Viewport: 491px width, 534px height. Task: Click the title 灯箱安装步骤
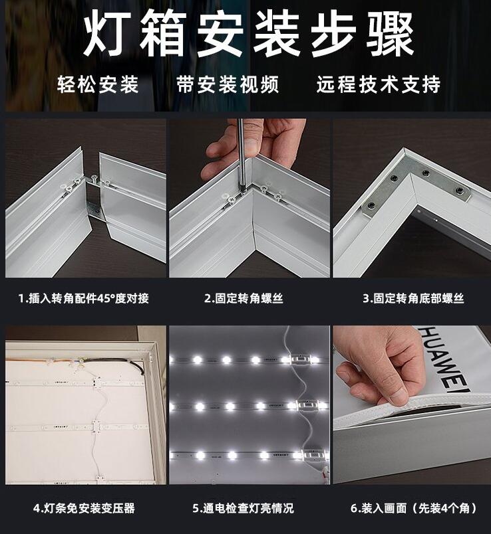pyautogui.click(x=249, y=34)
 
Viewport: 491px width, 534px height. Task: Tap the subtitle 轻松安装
pyautogui.click(x=98, y=84)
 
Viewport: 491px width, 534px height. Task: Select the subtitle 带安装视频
pyautogui.click(x=228, y=84)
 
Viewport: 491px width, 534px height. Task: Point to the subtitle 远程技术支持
pyautogui.click(x=379, y=84)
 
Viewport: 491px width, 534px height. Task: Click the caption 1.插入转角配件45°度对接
pyautogui.click(x=84, y=298)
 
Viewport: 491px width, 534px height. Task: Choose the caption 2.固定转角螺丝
pyautogui.click(x=244, y=298)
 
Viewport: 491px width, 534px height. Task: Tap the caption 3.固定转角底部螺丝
pyautogui.click(x=413, y=298)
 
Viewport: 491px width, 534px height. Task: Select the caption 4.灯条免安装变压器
pyautogui.click(x=84, y=508)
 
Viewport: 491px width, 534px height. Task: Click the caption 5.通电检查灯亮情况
pyautogui.click(x=243, y=508)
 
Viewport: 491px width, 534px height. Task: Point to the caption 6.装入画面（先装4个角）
pyautogui.click(x=414, y=508)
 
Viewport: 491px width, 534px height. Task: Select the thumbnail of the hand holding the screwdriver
pyautogui.click(x=249, y=198)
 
